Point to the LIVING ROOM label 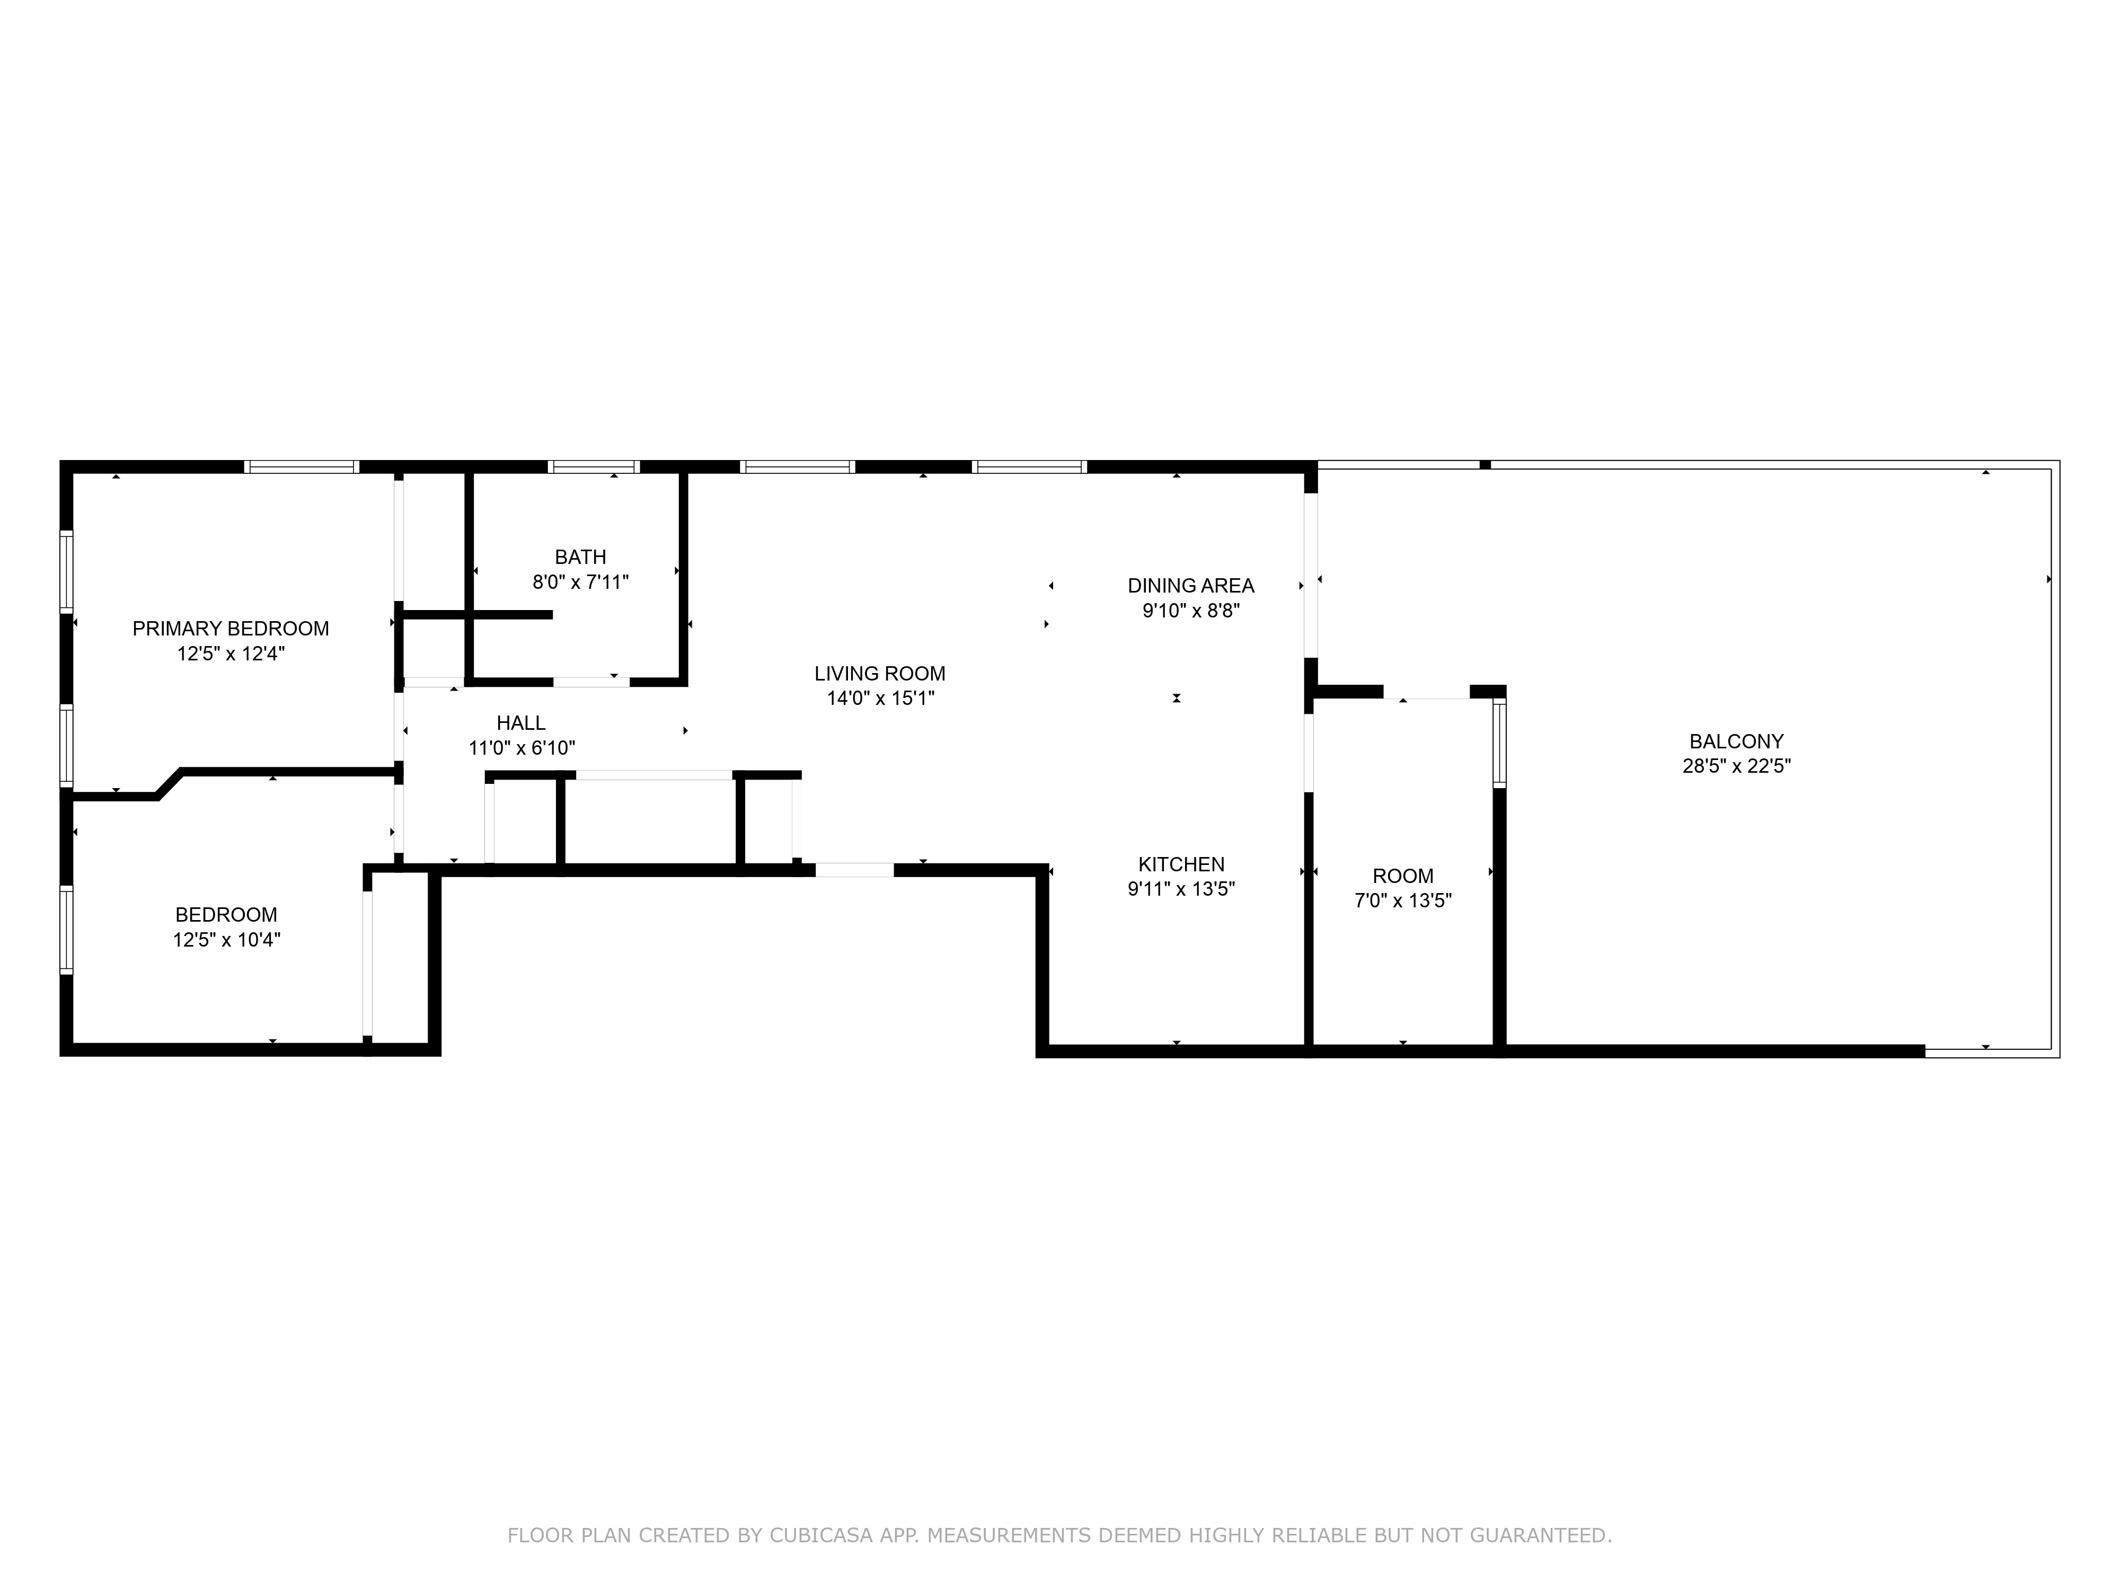coord(880,674)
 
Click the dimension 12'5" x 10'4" coord(226,940)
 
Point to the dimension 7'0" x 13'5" coord(1402,901)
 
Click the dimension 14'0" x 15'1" coord(880,699)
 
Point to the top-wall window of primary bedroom coord(301,467)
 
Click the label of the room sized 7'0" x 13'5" coord(1402,876)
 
